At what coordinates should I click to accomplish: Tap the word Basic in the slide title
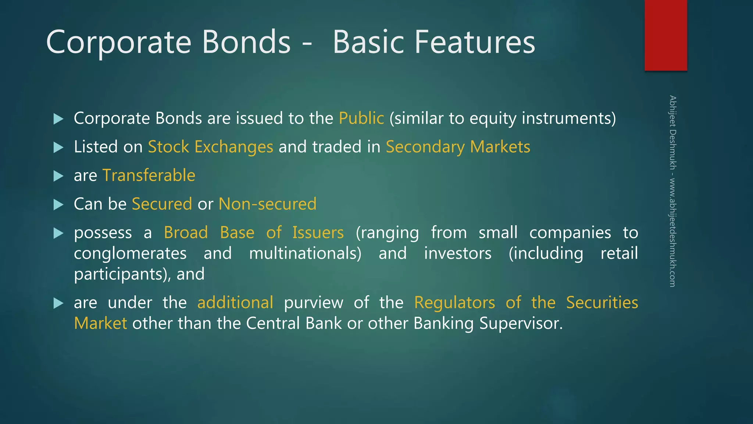(x=368, y=43)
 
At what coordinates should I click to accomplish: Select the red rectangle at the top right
(x=665, y=35)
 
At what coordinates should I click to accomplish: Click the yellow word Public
(x=361, y=119)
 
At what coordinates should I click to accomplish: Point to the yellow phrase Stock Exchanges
(x=210, y=147)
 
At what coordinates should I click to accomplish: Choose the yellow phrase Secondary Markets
(x=458, y=147)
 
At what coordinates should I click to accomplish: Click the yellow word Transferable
(x=149, y=176)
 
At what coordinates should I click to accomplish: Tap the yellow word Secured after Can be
(x=162, y=204)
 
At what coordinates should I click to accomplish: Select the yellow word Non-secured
(x=267, y=204)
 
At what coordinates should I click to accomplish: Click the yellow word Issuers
(x=318, y=233)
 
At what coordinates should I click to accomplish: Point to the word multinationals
(x=305, y=254)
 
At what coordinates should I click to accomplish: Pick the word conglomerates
(x=130, y=254)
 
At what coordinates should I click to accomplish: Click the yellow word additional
(x=235, y=303)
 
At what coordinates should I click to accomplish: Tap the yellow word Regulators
(x=454, y=303)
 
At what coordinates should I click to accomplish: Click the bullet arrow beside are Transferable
(x=58, y=176)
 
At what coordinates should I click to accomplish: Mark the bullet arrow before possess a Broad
(x=58, y=233)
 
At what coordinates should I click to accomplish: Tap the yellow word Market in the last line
(x=100, y=324)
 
